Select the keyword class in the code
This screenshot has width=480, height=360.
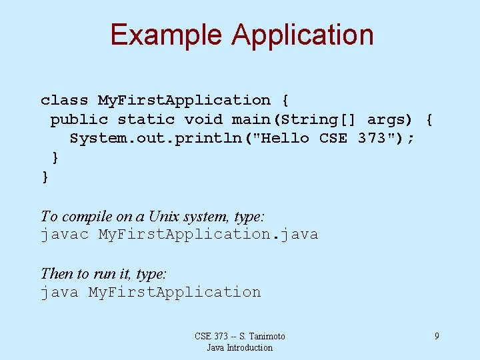pos(64,100)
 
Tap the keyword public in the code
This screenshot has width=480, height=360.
pos(79,119)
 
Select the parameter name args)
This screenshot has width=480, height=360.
pos(391,119)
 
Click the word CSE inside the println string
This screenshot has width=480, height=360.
pos(333,139)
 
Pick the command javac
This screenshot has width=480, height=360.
pos(64,235)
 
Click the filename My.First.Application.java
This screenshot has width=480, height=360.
pos(208,235)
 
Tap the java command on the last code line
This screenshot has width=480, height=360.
pos(59,292)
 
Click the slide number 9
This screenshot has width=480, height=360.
pos(437,336)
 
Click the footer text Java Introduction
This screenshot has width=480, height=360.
pos(239,347)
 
